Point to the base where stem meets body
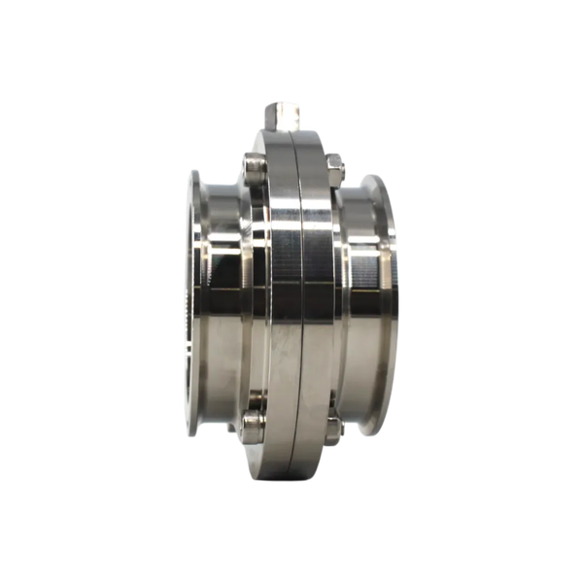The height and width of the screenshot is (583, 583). pos(285,132)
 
